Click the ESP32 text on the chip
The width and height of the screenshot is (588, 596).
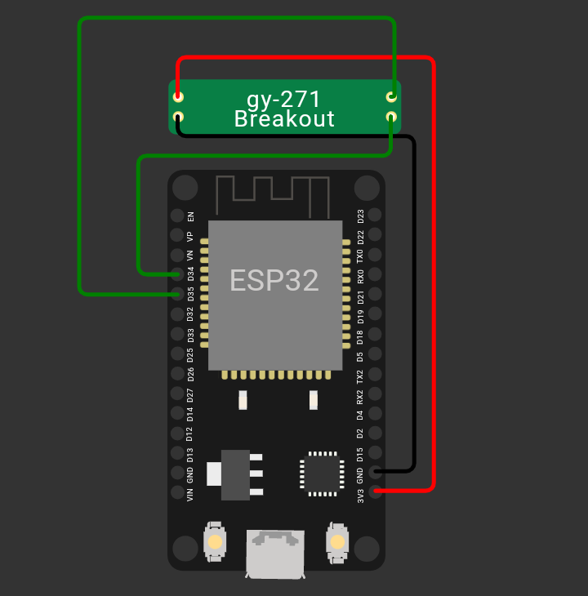274,280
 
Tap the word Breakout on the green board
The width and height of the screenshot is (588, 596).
284,119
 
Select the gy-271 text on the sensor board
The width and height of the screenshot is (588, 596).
284,99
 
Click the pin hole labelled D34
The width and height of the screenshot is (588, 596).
177,274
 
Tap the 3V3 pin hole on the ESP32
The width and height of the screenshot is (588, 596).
375,491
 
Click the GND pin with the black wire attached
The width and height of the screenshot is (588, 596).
375,471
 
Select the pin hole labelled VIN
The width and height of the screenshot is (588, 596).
177,492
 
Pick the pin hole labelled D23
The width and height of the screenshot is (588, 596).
375,215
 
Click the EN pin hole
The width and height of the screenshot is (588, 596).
177,216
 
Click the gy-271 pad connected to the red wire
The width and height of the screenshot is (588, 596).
178,96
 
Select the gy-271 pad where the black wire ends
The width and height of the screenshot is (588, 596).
178,118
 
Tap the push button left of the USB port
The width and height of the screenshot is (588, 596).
215,541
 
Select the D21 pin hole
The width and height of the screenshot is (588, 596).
375,294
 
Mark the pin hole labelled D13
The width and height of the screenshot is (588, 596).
177,453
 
